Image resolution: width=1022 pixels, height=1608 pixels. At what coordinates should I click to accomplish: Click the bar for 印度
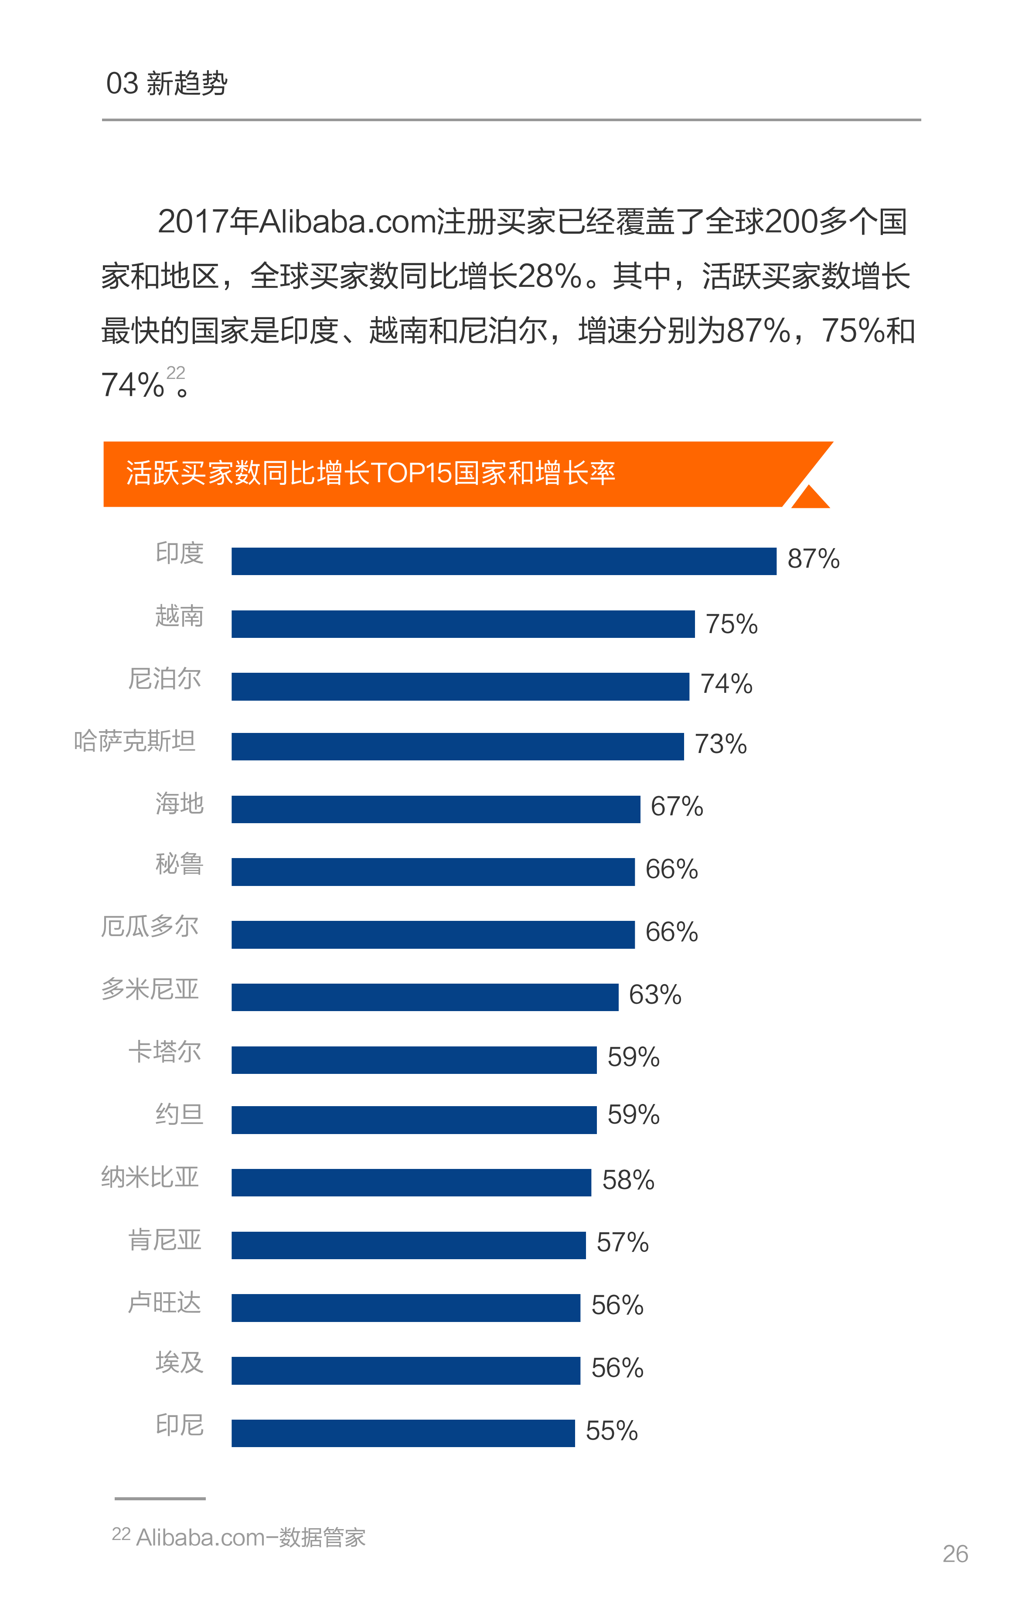(504, 561)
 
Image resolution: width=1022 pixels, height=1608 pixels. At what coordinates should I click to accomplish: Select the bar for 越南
(463, 623)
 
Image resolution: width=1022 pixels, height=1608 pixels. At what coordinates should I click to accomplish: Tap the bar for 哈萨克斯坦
(457, 746)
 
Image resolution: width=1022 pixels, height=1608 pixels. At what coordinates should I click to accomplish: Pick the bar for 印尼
(403, 1433)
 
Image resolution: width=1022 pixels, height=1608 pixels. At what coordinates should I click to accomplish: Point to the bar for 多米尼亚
(425, 997)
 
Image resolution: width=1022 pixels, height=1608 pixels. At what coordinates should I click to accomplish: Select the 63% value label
(654, 995)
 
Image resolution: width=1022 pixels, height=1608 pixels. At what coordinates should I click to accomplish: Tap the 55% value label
(611, 1431)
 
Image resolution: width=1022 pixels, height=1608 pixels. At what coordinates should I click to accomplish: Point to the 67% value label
(677, 807)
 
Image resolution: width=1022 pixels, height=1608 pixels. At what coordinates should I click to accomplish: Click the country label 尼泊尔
(164, 678)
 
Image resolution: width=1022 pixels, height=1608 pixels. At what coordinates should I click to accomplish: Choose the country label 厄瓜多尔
(150, 926)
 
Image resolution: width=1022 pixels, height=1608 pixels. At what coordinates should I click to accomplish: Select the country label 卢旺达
(164, 1303)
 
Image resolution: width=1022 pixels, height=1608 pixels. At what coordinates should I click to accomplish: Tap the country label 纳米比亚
(150, 1177)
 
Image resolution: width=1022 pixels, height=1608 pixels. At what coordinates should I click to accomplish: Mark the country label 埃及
(179, 1362)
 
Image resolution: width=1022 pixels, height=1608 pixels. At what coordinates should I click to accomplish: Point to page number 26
(954, 1554)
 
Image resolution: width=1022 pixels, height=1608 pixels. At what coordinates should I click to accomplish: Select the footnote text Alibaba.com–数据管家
(251, 1537)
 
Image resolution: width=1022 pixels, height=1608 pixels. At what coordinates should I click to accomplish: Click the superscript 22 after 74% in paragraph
(176, 373)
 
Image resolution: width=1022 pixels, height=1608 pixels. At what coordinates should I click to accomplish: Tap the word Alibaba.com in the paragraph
(347, 221)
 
